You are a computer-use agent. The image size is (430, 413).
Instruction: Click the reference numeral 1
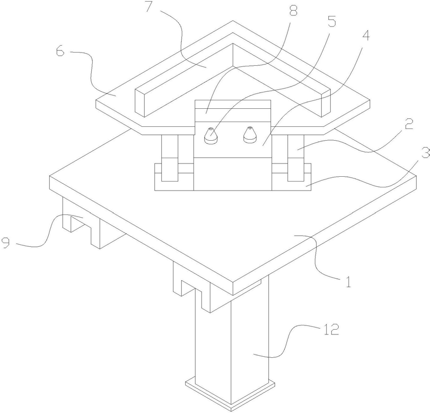click(x=348, y=281)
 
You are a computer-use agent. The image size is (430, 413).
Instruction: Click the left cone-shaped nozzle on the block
click(x=211, y=135)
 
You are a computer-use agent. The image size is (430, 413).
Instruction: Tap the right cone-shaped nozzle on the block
click(x=249, y=135)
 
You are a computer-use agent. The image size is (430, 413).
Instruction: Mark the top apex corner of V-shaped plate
click(x=232, y=22)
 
